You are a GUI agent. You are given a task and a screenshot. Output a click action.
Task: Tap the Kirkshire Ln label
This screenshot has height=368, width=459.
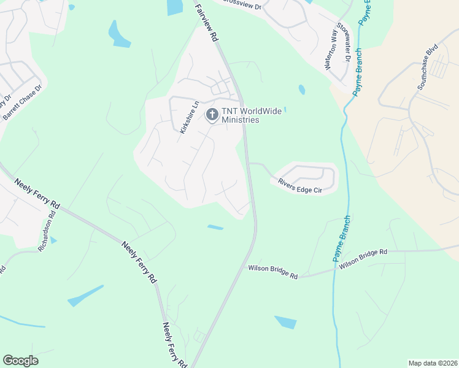188,117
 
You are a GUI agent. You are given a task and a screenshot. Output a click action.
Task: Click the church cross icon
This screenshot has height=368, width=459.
212,114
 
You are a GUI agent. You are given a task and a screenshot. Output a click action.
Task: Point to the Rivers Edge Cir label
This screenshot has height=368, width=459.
300,186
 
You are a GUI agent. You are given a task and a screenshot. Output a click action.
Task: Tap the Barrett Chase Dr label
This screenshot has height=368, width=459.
23,102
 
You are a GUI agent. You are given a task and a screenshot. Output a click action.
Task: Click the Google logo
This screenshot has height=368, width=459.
20,361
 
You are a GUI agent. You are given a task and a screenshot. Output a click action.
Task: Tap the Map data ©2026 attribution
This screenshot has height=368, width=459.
432,363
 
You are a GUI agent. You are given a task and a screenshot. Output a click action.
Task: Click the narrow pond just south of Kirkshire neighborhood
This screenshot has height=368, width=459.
215,228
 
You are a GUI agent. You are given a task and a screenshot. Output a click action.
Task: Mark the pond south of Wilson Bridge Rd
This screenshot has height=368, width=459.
285,322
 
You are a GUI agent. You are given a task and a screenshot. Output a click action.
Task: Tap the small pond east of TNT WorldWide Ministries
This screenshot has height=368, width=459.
301,90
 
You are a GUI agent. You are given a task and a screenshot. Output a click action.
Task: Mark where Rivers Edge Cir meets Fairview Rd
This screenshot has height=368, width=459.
249,164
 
